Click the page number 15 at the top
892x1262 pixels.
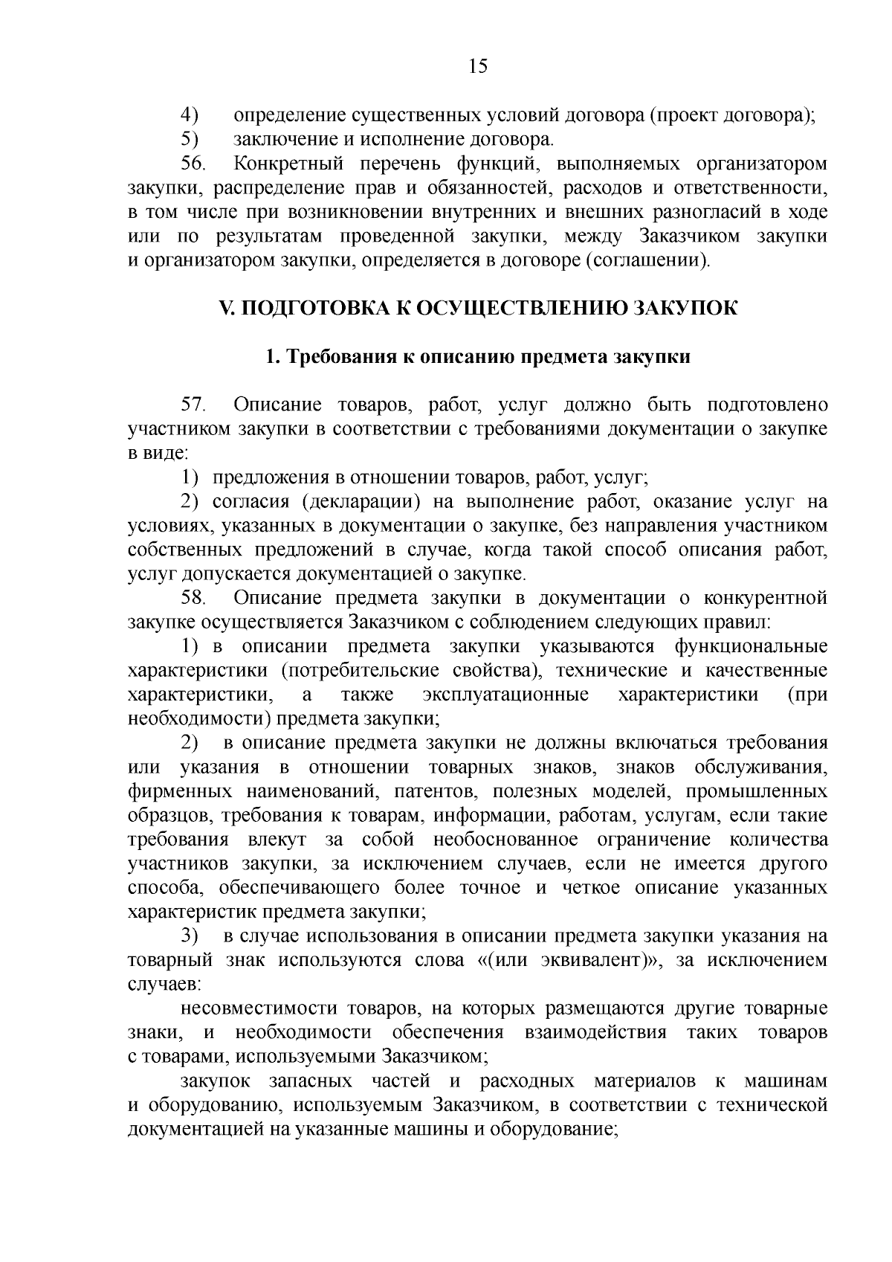click(x=478, y=67)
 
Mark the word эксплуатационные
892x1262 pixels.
click(x=505, y=695)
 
